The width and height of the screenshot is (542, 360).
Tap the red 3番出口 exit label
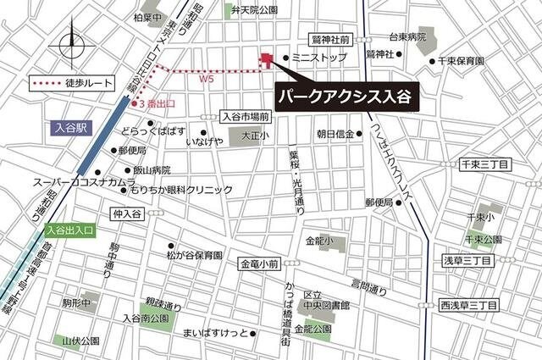pos(158,103)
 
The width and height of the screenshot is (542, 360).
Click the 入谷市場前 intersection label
pos(245,117)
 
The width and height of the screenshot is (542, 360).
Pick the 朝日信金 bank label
pos(334,134)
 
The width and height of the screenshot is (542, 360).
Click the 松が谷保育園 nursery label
pos(194,254)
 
